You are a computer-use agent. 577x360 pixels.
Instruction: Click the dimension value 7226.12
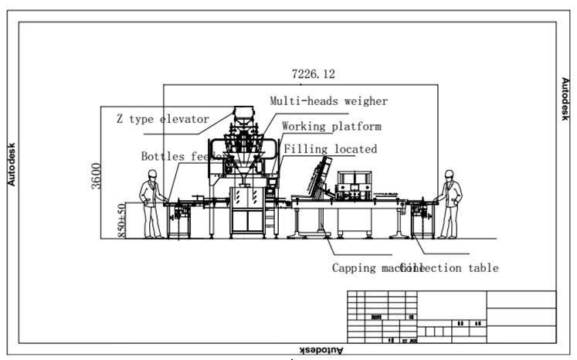click(313, 74)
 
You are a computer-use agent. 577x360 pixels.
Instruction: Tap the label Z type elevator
click(162, 119)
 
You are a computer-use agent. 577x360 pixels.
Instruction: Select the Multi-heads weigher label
click(328, 101)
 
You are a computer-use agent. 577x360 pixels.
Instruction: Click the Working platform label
click(331, 126)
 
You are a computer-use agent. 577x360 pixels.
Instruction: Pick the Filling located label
click(330, 149)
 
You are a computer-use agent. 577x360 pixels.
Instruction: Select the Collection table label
click(451, 268)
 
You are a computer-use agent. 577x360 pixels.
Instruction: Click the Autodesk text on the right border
click(565, 98)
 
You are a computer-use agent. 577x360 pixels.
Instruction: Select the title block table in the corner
click(451, 317)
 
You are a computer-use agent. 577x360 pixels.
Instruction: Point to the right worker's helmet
click(447, 175)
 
